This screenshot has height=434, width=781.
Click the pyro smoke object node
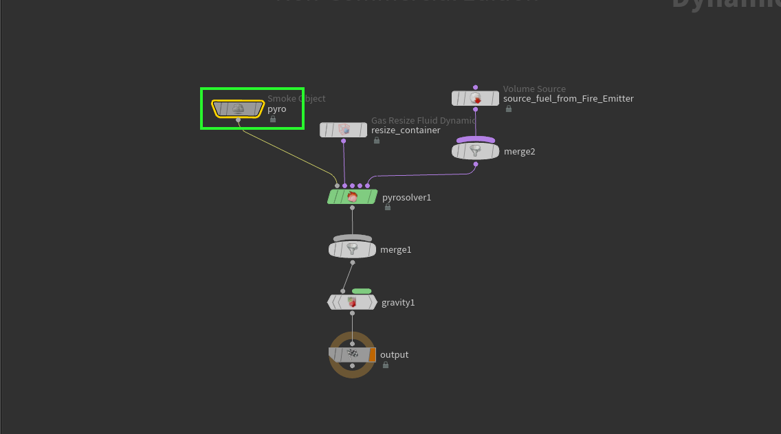[x=238, y=108]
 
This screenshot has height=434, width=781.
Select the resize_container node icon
[x=344, y=130]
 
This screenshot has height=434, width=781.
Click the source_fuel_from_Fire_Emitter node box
[x=475, y=98]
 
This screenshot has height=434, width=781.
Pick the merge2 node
[x=475, y=151]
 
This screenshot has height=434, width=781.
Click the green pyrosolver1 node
[x=352, y=197]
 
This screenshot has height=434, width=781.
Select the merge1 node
[x=352, y=249]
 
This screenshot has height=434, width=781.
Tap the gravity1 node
[x=352, y=302]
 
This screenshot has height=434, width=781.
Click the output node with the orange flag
[x=352, y=354]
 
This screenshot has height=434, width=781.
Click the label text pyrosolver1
[x=406, y=198]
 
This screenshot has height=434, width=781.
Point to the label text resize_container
[x=406, y=130]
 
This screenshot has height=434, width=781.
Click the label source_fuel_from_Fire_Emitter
[x=568, y=99]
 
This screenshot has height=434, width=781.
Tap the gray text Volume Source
[x=534, y=89]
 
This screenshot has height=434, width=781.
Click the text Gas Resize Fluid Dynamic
[x=423, y=121]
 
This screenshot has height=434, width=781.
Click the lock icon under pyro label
[x=273, y=119]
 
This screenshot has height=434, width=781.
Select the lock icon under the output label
[x=386, y=365]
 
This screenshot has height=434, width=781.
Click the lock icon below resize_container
[x=377, y=140]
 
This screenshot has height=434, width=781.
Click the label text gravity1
[x=398, y=303]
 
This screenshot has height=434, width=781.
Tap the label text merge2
[x=519, y=152]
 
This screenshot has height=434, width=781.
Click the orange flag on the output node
[x=372, y=354]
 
